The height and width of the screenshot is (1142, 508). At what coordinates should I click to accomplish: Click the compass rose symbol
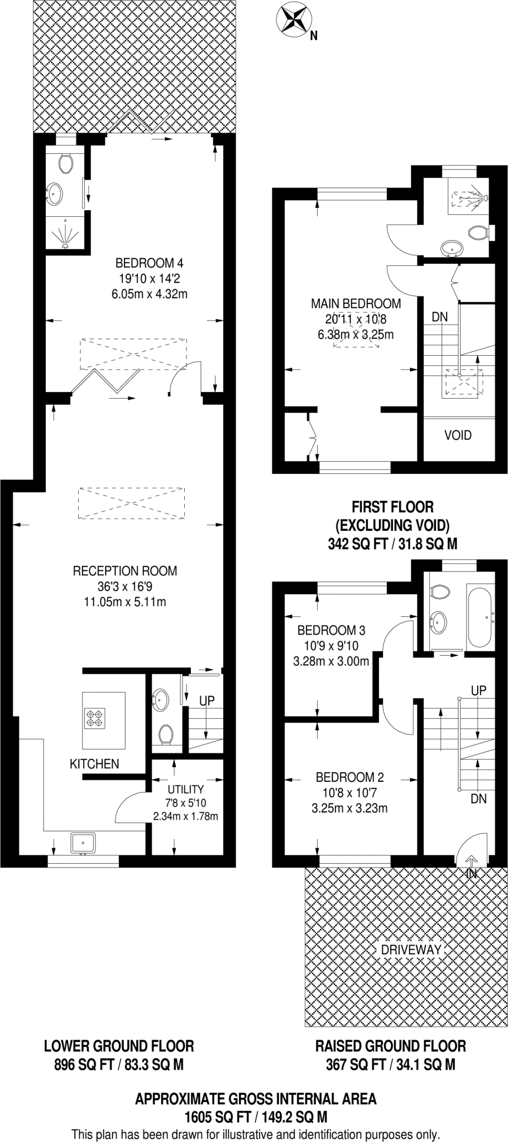coord(292,18)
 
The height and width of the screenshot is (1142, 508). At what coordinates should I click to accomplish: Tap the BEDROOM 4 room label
coord(149,263)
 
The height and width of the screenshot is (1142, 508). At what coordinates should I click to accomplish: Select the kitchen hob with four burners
coord(94,718)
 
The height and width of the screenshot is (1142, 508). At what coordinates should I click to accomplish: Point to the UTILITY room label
coord(185,789)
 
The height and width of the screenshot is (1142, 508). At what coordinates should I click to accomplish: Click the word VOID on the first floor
coord(458,435)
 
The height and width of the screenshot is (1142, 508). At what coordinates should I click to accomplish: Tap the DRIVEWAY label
coord(411,950)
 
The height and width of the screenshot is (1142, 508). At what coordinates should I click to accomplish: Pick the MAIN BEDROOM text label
coord(356,303)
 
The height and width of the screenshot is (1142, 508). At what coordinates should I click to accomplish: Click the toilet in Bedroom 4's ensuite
coord(65,162)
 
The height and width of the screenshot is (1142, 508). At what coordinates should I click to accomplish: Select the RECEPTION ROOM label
coord(124,570)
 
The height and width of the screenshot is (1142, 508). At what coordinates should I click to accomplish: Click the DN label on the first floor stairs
coord(439,317)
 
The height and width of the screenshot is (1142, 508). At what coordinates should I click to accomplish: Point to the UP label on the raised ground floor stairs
coord(478,690)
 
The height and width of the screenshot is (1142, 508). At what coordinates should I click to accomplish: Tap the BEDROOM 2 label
coord(349,777)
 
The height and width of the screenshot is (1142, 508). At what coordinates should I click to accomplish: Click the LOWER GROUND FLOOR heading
coord(119,1046)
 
